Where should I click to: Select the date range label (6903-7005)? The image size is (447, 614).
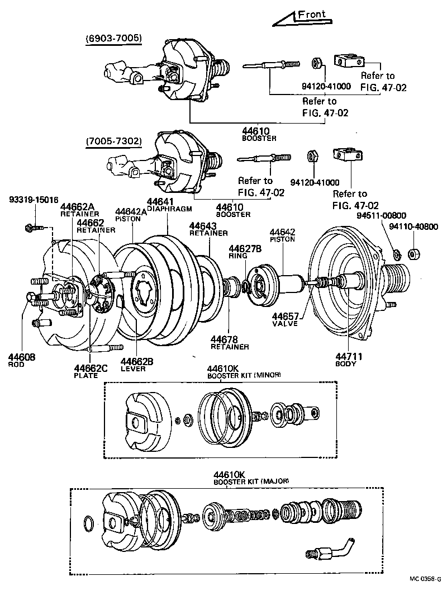point(113,38)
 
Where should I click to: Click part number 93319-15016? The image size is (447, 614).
point(34,200)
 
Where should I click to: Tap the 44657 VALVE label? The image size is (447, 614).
point(286,319)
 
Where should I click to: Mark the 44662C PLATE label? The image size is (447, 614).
point(90,371)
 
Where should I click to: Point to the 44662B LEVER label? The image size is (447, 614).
point(136,365)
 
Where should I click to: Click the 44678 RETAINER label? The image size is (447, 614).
point(229,342)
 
